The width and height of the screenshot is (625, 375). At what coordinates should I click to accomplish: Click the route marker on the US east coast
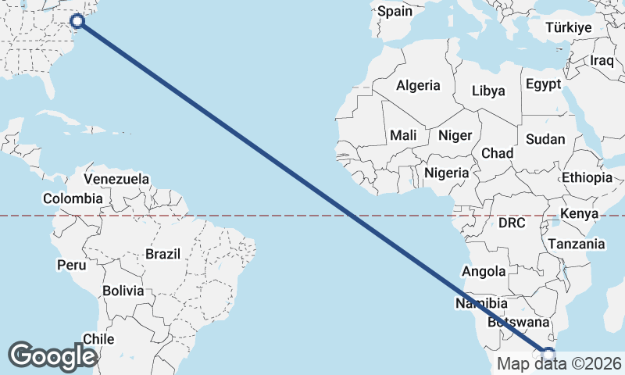tap(77, 21)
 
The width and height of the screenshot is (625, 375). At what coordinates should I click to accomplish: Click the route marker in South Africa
tap(548, 354)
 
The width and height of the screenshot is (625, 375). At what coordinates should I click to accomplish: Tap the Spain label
tap(394, 12)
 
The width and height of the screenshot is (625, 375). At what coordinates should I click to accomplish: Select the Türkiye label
tap(569, 27)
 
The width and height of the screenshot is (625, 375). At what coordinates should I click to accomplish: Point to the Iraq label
tap(602, 60)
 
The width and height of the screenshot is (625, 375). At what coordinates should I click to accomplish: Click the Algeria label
tap(418, 85)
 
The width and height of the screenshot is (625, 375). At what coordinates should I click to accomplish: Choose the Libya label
tap(488, 91)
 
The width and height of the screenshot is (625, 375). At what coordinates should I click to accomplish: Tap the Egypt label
tap(544, 84)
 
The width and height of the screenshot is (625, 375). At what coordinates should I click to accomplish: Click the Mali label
tap(403, 135)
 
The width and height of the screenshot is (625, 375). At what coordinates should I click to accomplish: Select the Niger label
tap(455, 135)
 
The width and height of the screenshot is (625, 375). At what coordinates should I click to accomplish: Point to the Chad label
tap(497, 153)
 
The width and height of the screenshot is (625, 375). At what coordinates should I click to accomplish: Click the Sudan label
tap(545, 140)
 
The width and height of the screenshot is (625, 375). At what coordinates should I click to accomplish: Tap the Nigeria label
tap(447, 173)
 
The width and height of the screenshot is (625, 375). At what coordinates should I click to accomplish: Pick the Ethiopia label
tap(587, 178)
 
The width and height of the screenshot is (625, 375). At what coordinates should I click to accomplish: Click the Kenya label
tap(580, 213)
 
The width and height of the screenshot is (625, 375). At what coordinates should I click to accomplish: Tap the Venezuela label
tap(116, 179)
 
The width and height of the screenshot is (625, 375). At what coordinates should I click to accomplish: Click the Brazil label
tap(162, 254)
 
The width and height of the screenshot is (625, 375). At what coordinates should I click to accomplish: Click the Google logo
tap(52, 355)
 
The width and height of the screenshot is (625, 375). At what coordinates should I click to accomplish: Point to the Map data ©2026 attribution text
tap(559, 363)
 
